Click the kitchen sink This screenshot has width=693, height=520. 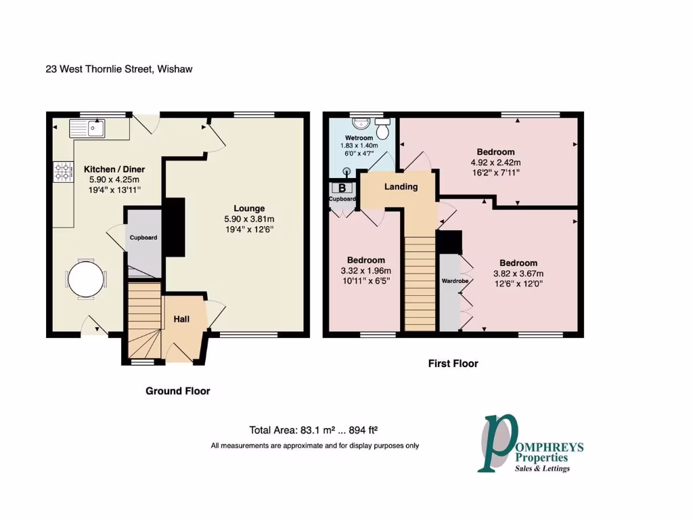point(87,128)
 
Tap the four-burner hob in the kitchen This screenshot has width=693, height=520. point(63,171)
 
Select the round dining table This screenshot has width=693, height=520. point(87,278)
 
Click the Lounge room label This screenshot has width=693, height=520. point(249,209)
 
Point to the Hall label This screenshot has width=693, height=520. point(181,319)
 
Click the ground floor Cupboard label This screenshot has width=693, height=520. point(143,238)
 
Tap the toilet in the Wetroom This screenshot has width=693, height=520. point(382,127)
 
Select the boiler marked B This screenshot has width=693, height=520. point(342,188)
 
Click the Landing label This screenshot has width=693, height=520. point(401,187)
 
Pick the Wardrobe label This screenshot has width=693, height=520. point(451,280)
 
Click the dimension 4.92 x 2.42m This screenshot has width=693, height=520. point(495,162)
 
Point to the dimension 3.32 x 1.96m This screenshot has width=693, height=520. point(366,270)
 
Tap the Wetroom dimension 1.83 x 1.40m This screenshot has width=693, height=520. point(359,146)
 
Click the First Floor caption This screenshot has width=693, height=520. point(453,364)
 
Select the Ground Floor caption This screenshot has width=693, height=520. point(178,391)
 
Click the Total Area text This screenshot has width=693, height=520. point(312,430)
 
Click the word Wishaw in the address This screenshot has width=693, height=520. point(175,69)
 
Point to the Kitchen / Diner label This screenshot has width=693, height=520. point(114,169)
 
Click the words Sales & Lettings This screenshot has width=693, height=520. point(542,469)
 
